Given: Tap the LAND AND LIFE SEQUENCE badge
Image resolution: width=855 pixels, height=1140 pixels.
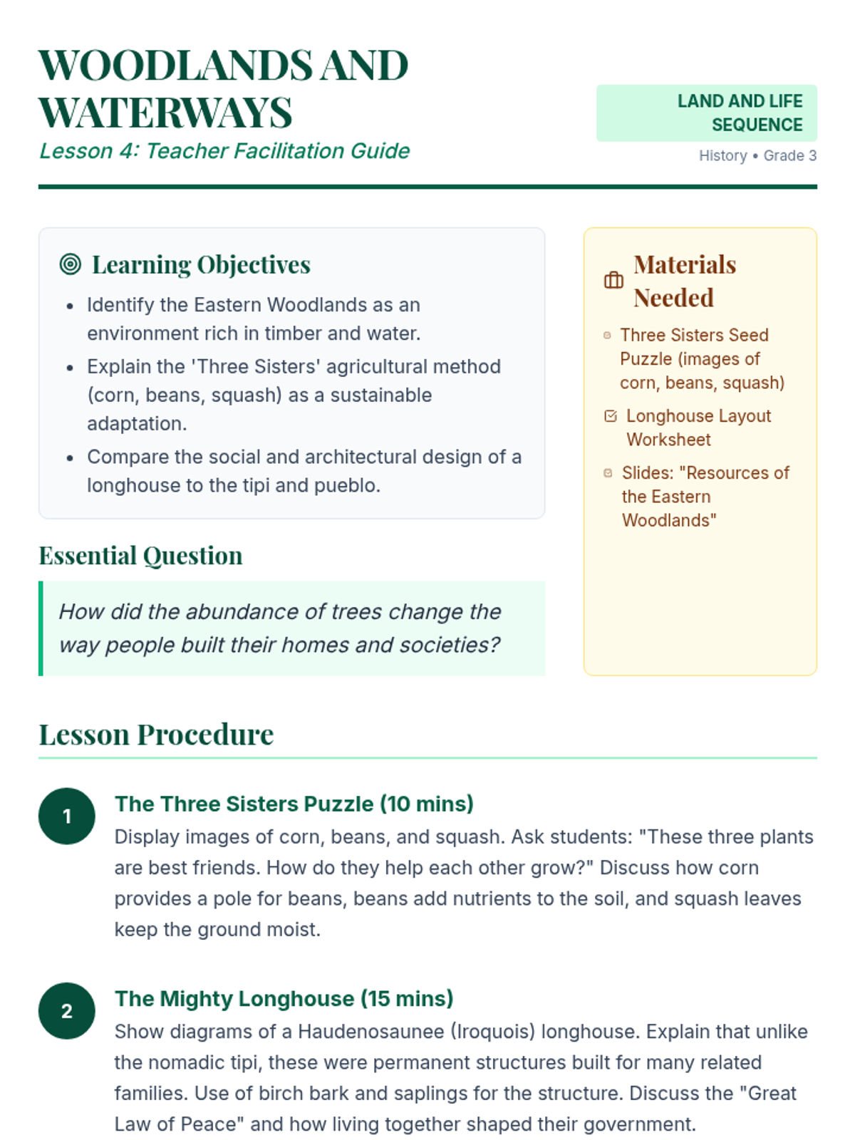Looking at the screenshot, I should coord(706,113).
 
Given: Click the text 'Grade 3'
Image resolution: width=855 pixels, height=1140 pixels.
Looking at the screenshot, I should coord(789,155).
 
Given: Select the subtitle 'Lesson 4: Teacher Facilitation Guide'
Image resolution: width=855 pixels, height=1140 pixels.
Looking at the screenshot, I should coord(224,151).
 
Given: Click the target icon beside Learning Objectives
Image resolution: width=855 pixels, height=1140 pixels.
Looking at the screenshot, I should coord(70,264).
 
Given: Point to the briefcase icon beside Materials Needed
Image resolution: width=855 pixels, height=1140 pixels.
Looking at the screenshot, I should coord(613,281).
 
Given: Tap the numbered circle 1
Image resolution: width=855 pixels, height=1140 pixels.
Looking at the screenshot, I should coord(67,816).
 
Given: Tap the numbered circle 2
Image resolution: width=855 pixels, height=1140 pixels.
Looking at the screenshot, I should coord(67,1011).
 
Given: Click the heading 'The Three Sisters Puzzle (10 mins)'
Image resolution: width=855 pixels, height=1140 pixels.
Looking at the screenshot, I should coord(294,804).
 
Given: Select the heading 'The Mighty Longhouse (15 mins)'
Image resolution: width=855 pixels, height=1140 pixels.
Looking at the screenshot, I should coord(284,999).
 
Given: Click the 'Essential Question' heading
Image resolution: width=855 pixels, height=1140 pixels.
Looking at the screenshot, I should coord(140,556).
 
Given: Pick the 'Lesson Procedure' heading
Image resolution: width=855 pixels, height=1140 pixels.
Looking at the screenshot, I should coord(156,735).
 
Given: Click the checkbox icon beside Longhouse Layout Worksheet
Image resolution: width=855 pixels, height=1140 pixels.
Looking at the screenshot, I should coord(611,416).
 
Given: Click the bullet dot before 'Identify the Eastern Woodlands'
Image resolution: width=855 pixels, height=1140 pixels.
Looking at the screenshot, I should coord(70,306).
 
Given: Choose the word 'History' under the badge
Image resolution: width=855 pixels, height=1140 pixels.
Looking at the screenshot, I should coord(722,155).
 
